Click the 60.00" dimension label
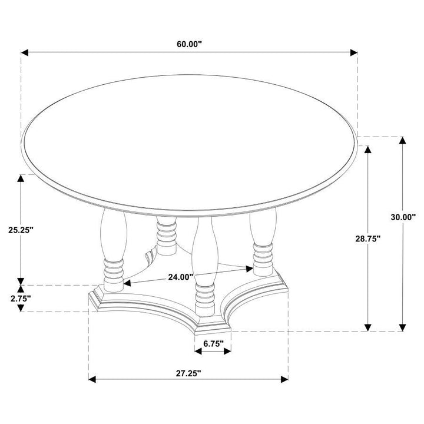coord(189,44)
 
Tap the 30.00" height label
coord(403,217)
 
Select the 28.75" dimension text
coord(367,238)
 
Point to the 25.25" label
coord(21,230)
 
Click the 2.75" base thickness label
coord(21,299)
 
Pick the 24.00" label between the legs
coord(181,277)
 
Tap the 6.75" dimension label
coord(213,343)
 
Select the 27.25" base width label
coord(188,373)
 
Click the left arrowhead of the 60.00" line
coord(24,52)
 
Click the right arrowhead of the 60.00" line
coord(354,52)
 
